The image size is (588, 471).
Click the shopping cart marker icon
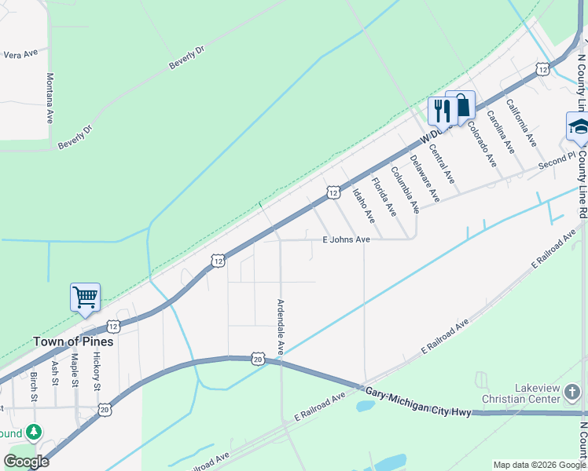[x=85, y=298]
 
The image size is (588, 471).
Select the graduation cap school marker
[x=579, y=126]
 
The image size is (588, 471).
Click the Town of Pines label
[x=73, y=341]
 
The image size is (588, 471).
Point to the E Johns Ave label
[x=346, y=239]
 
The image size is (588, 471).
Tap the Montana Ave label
[x=50, y=97]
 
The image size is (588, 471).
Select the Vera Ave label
[x=21, y=54]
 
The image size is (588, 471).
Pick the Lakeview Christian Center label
[x=546, y=393]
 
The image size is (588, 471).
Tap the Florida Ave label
[x=384, y=199]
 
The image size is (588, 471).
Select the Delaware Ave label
[x=425, y=177]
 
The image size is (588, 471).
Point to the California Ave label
[x=521, y=122]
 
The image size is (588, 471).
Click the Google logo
[x=26, y=461]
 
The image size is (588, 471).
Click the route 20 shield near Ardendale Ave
[x=258, y=359]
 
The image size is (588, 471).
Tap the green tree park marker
[x=33, y=432]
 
